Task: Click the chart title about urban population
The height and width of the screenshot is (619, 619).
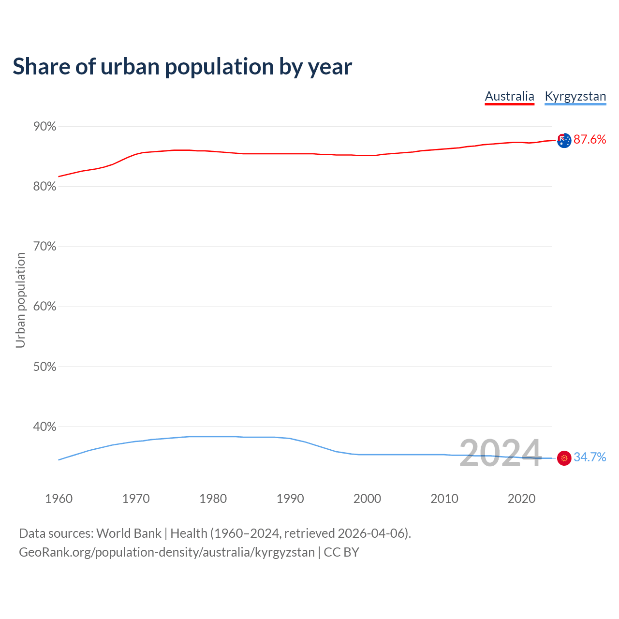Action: pyautogui.click(x=182, y=67)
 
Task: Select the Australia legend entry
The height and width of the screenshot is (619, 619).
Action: pyautogui.click(x=509, y=96)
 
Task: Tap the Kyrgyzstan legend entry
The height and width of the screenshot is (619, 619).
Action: pyautogui.click(x=575, y=96)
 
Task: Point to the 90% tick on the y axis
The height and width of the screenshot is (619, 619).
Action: pyautogui.click(x=44, y=127)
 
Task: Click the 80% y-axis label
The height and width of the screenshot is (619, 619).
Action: pyautogui.click(x=44, y=187)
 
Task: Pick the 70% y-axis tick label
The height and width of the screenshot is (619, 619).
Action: pyautogui.click(x=44, y=247)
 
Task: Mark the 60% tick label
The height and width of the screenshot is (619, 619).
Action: pyautogui.click(x=44, y=307)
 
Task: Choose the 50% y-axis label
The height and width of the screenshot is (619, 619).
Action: pyautogui.click(x=44, y=367)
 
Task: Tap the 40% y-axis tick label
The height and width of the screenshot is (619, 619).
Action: pyautogui.click(x=44, y=427)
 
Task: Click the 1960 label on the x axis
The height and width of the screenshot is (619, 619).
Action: pyautogui.click(x=59, y=499)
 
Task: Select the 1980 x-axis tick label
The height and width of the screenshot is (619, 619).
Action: pyautogui.click(x=213, y=499)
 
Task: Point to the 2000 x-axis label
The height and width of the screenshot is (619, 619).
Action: pyautogui.click(x=367, y=499)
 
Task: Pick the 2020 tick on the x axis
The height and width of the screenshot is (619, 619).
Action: pyautogui.click(x=521, y=499)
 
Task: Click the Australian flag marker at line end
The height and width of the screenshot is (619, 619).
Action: pyautogui.click(x=564, y=140)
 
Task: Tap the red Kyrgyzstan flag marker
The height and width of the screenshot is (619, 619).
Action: pyautogui.click(x=564, y=457)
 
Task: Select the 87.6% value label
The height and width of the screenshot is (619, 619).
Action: pyautogui.click(x=590, y=140)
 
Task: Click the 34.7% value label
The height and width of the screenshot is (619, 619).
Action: pyautogui.click(x=590, y=457)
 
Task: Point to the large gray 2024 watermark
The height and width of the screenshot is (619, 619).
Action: pyautogui.click(x=500, y=454)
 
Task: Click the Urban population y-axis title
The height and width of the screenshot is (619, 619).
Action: pyautogui.click(x=20, y=300)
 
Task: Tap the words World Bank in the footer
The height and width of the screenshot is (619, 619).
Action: pyautogui.click(x=129, y=533)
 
